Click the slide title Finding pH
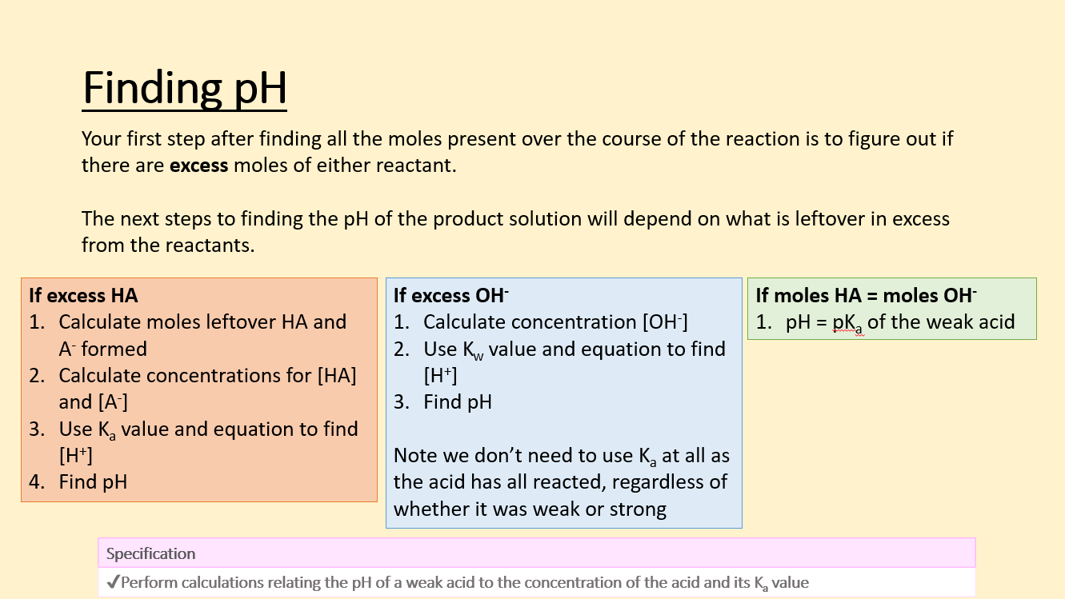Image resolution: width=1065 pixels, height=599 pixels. (x=185, y=88)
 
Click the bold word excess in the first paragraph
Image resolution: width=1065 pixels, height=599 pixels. (x=198, y=166)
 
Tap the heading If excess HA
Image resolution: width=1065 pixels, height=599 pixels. (x=83, y=295)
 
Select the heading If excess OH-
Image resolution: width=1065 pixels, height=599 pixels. (x=450, y=295)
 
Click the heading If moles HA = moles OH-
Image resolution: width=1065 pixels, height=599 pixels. (x=866, y=295)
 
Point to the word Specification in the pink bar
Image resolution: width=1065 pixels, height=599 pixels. (x=150, y=553)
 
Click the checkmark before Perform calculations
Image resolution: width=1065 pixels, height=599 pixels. (x=112, y=582)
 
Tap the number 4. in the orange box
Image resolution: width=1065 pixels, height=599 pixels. (x=37, y=482)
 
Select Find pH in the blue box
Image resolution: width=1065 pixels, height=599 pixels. (x=458, y=402)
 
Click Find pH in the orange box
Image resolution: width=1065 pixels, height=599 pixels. (x=93, y=482)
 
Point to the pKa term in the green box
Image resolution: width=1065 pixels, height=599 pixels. (x=847, y=323)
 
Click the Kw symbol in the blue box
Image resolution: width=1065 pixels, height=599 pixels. (x=474, y=350)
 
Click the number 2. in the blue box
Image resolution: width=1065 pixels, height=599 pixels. (x=402, y=349)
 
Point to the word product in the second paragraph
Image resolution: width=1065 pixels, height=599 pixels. (x=468, y=219)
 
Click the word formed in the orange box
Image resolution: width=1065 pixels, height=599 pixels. (x=114, y=349)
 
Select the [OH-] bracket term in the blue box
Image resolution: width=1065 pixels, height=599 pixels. (x=665, y=322)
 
